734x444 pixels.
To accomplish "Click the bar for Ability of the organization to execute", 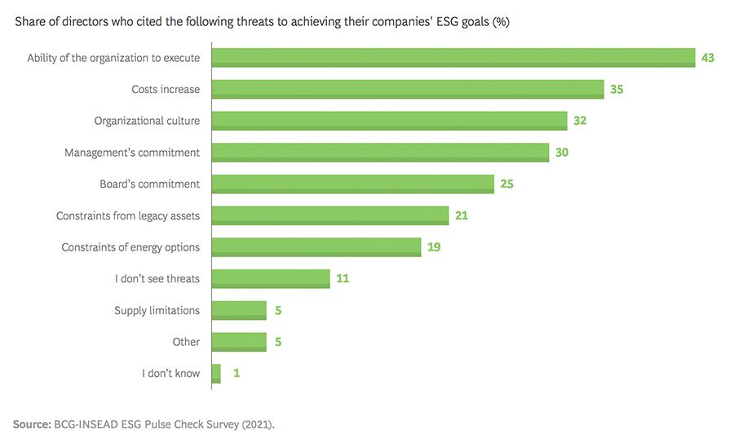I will pyautogui.click(x=453, y=57).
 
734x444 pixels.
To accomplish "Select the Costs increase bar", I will pyautogui.click(x=408, y=89).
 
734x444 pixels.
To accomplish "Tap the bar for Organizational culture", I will pyautogui.click(x=389, y=121).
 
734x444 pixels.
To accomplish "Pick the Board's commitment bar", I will pyautogui.click(x=353, y=184).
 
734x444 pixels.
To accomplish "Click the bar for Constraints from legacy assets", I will pyautogui.click(x=330, y=215).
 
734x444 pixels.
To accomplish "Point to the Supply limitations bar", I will pyautogui.click(x=239, y=310).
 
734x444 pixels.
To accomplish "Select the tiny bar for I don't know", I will pyautogui.click(x=216, y=374).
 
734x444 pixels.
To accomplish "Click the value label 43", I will pyautogui.click(x=709, y=57).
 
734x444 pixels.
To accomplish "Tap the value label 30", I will pyautogui.click(x=562, y=153).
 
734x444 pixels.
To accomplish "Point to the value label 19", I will pyautogui.click(x=434, y=246).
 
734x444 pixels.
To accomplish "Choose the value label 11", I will pyautogui.click(x=343, y=278).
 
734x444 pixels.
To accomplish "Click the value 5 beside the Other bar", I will pyautogui.click(x=278, y=342).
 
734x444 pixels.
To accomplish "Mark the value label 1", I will pyautogui.click(x=236, y=374).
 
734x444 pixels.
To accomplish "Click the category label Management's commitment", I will pyautogui.click(x=132, y=153).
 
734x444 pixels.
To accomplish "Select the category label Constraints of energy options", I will pyautogui.click(x=130, y=247).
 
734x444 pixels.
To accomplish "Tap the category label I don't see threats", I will pyautogui.click(x=157, y=279).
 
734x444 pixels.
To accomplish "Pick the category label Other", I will pyautogui.click(x=186, y=342).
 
